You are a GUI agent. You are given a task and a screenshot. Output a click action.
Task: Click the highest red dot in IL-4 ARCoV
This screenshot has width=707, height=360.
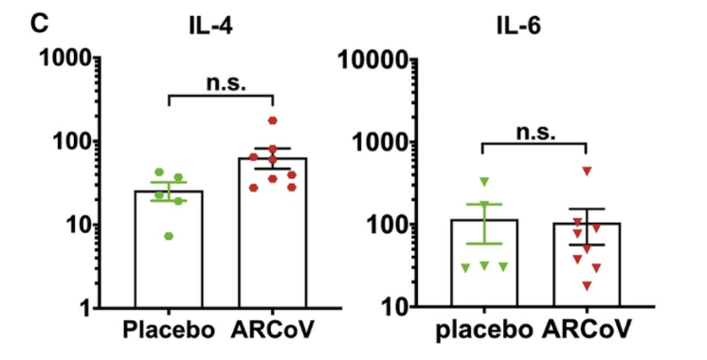tap(273, 121)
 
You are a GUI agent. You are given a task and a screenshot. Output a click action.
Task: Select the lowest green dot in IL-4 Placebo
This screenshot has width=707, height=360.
tap(169, 235)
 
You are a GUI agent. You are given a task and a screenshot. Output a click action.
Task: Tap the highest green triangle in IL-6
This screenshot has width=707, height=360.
tap(484, 181)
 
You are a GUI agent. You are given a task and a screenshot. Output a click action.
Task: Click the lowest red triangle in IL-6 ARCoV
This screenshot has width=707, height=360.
tap(588, 286)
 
